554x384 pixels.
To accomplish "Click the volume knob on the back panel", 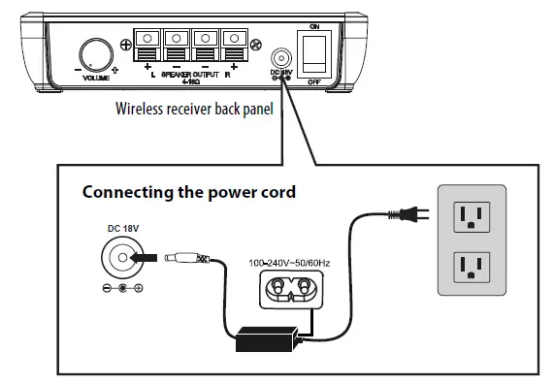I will pos(96,52).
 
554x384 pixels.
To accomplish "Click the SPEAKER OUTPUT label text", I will pos(190,74).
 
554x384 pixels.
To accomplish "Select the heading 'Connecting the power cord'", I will pos(188,192).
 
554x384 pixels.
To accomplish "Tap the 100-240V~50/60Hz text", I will pos(288,263).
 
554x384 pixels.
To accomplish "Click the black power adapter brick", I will pos(267,336).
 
